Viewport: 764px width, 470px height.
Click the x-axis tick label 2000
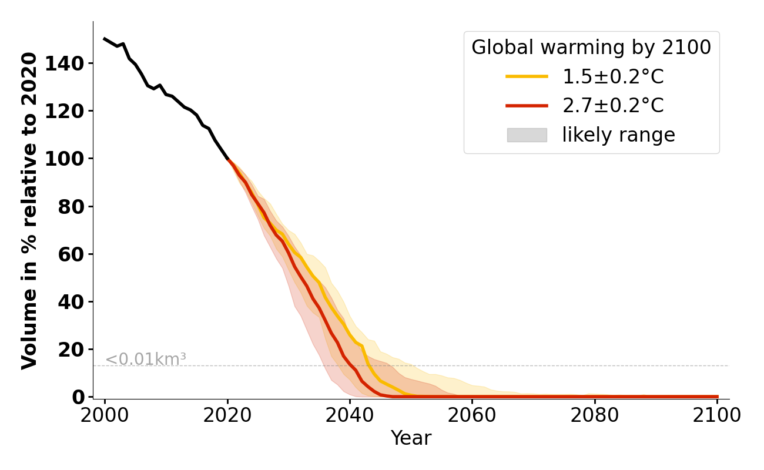[x=105, y=415]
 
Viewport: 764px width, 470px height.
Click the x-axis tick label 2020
[x=227, y=415]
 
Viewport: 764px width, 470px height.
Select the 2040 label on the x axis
[x=350, y=415]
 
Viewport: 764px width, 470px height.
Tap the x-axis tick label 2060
[x=472, y=415]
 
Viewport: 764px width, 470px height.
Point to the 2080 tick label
[x=595, y=415]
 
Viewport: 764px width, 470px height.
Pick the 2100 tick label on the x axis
[x=717, y=415]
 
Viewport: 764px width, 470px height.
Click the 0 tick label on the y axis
[x=79, y=397]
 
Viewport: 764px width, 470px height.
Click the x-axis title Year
[x=411, y=438]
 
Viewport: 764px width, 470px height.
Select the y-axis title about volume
[x=29, y=210]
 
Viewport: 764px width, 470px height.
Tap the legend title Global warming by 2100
[x=591, y=48]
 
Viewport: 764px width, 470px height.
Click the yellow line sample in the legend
[x=527, y=76]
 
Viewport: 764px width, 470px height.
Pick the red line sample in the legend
[x=527, y=106]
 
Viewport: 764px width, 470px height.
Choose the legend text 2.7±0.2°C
[x=613, y=106]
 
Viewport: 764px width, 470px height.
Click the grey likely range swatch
[x=527, y=135]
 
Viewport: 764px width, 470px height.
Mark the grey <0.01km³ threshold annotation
[x=146, y=359]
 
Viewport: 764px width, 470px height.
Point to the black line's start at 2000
[x=105, y=39]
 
